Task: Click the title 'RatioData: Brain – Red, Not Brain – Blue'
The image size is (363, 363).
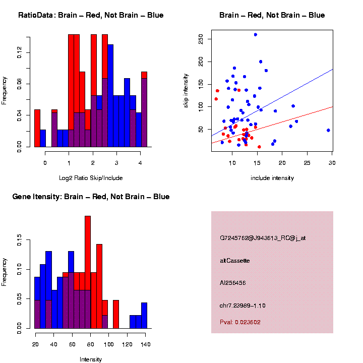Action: click(91, 15)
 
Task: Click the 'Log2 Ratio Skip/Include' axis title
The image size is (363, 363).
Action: click(91, 178)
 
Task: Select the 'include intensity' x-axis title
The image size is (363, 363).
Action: click(272, 178)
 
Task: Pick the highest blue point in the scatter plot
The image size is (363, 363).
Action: click(256, 35)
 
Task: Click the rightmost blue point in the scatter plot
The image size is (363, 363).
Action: click(328, 130)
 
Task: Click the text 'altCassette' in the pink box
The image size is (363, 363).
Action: click(235, 261)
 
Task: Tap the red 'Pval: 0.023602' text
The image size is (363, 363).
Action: click(240, 322)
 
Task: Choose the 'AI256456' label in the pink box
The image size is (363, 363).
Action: click(233, 283)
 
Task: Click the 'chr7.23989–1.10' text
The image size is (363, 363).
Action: click(243, 306)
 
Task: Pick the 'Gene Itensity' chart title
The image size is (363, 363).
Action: click(91, 197)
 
